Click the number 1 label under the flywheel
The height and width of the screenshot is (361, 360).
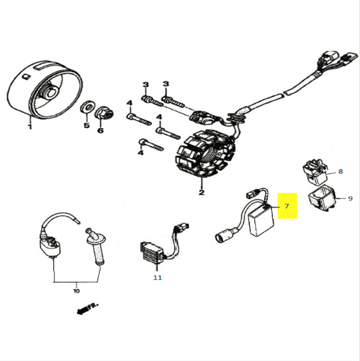[29, 126]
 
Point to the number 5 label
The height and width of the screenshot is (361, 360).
[86, 126]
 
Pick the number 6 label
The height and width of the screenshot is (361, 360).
[100, 130]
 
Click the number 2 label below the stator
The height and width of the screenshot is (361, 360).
[202, 193]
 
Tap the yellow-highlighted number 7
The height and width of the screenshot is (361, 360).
[287, 206]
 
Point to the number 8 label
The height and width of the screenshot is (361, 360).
[341, 172]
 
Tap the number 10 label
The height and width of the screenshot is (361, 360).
[76, 291]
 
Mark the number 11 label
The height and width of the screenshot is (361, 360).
[157, 278]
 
